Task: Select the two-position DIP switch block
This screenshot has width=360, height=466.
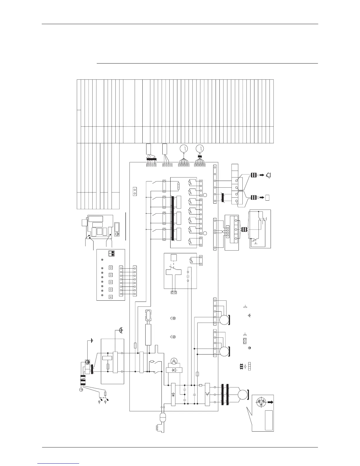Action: pos(111,254)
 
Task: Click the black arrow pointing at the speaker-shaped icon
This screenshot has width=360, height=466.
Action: pos(261,176)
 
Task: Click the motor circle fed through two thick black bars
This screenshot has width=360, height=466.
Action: pos(243,395)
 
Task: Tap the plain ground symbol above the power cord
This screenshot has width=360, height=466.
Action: pos(92,340)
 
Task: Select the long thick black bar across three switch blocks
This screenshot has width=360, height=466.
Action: pos(172,218)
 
